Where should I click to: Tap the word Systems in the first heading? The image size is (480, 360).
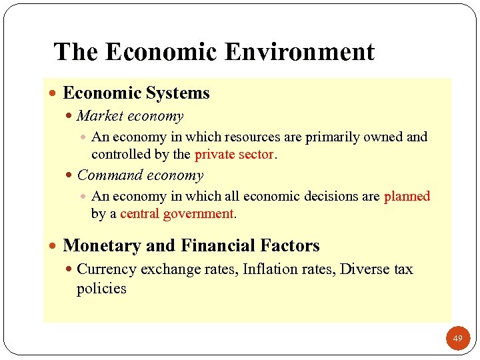[178, 93]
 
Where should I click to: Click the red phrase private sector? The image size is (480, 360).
[234, 155]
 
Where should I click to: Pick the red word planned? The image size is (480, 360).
[407, 196]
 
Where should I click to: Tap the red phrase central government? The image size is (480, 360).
[177, 214]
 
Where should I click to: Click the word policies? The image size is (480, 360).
[101, 289]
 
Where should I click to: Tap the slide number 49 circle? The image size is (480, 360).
[457, 339]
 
